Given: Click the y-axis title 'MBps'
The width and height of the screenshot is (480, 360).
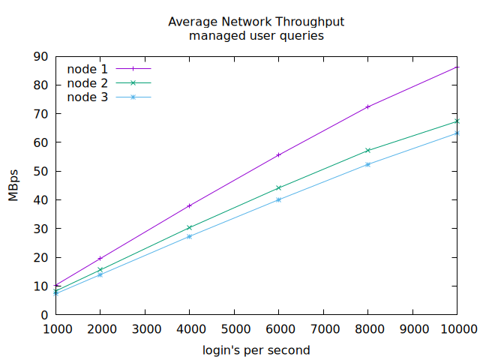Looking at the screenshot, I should coord(13,185).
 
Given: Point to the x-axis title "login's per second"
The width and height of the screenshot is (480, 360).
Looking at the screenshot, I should coord(256,350).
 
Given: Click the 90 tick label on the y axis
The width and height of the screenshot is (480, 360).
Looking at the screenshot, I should coord(40,56).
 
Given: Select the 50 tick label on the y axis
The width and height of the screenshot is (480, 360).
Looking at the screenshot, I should coord(40,171).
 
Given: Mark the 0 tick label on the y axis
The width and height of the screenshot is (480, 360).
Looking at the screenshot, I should coord(44,314).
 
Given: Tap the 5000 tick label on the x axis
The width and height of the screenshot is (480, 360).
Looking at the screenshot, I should coord(234,328).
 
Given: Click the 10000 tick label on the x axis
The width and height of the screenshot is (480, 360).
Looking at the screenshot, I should coord(457,328).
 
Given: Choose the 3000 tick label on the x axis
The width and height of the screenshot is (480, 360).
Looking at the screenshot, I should coord(145,328).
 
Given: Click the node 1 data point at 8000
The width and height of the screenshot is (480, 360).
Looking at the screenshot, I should coord(368,107).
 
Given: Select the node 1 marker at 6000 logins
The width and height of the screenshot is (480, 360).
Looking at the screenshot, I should coord(279,155).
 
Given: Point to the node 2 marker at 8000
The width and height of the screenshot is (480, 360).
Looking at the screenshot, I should coord(368,151).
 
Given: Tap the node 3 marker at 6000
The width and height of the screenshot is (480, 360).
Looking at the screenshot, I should coord(279,199).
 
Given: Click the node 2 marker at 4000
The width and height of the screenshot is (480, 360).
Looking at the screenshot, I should coord(190,227).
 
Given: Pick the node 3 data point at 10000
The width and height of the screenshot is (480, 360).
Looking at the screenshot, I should coord(457,133).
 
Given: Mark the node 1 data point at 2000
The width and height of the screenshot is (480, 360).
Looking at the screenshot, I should coord(100,258).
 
